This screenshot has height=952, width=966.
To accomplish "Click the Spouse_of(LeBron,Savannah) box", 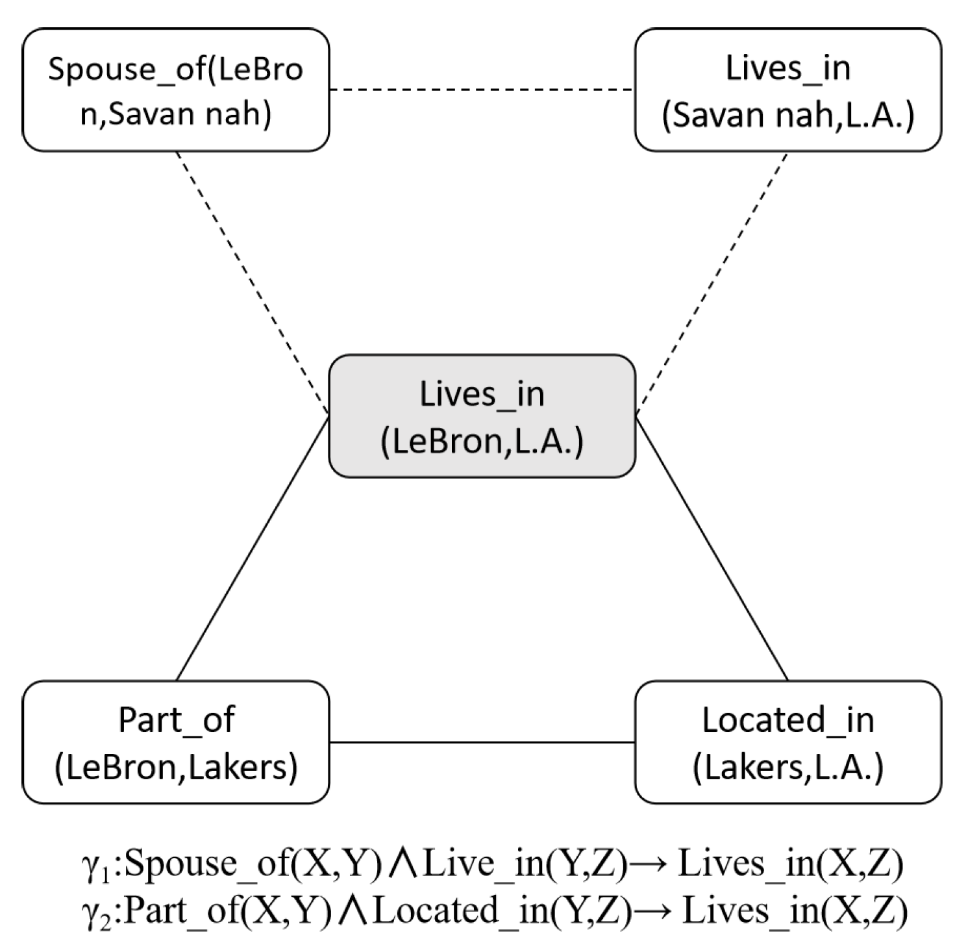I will coord(175,90).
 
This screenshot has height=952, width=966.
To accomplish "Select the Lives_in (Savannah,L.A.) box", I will coord(787,90).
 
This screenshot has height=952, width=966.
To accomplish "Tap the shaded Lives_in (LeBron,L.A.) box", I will coord(482,416).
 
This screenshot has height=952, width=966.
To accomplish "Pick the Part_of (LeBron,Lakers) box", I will coord(175,742).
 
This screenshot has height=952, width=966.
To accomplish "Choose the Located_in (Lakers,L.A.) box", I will coord(787,742).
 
